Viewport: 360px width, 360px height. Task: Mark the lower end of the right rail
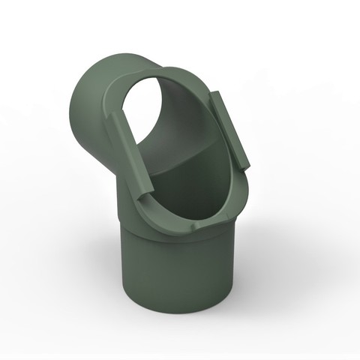tap(245, 160)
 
